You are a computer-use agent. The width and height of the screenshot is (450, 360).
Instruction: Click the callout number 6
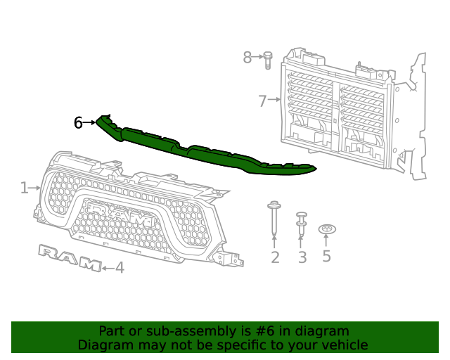click(78, 122)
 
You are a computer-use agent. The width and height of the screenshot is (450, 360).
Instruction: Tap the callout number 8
click(247, 57)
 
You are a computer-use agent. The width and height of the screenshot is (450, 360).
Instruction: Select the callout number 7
click(262, 101)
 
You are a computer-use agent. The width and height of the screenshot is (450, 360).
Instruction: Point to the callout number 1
click(25, 188)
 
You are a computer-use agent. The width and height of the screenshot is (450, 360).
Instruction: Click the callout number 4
click(120, 268)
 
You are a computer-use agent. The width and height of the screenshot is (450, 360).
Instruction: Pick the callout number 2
click(275, 257)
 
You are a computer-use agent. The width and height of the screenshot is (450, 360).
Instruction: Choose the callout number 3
click(302, 257)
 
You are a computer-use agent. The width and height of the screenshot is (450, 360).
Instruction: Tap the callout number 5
click(326, 255)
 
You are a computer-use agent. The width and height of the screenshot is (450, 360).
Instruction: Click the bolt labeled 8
click(267, 60)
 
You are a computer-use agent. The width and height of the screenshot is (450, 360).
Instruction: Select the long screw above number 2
click(274, 218)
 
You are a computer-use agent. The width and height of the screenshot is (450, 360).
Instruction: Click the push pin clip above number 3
click(301, 224)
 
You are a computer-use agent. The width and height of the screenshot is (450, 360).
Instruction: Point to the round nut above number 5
click(327, 229)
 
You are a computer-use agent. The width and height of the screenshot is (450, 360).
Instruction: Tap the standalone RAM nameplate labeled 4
click(70, 258)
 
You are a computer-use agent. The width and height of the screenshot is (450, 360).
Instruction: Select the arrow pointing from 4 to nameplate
click(108, 269)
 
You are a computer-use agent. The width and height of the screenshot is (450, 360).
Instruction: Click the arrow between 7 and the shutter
click(274, 100)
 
